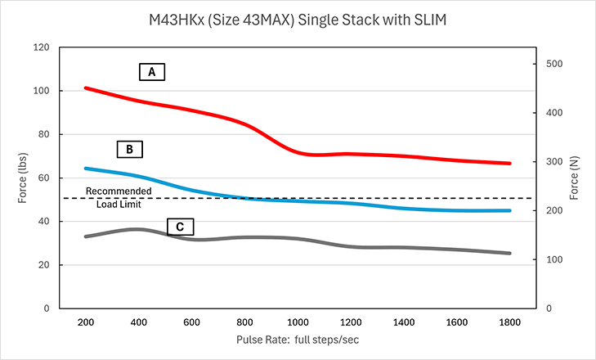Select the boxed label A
click(151, 73)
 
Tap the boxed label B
click(129, 150)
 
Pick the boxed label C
click(180, 227)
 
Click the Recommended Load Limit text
click(118, 198)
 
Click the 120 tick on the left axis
click(38, 47)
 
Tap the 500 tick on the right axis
click(554, 64)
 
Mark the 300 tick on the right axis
click(554, 162)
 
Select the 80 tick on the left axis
click(41, 134)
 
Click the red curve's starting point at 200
click(86, 88)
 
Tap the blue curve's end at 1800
click(510, 210)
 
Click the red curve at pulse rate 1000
click(298, 152)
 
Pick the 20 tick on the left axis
click(41, 265)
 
